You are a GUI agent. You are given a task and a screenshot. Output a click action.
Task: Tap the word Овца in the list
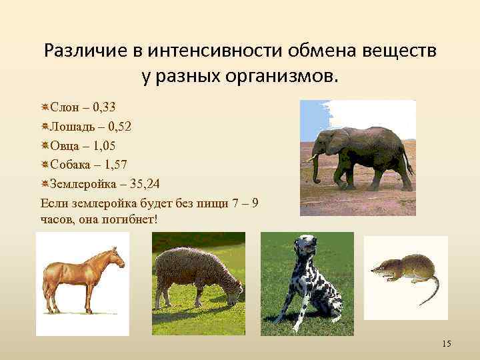point(65,145)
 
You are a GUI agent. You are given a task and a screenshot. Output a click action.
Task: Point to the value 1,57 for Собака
point(116,164)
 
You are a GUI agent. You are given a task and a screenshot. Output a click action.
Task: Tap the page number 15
point(446,343)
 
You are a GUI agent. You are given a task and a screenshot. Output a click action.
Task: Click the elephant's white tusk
point(311,159)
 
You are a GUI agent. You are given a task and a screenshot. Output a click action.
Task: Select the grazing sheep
point(198,277)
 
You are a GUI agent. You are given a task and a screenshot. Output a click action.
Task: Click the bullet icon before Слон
point(44,106)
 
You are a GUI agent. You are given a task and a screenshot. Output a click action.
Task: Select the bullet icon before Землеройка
point(44,183)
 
